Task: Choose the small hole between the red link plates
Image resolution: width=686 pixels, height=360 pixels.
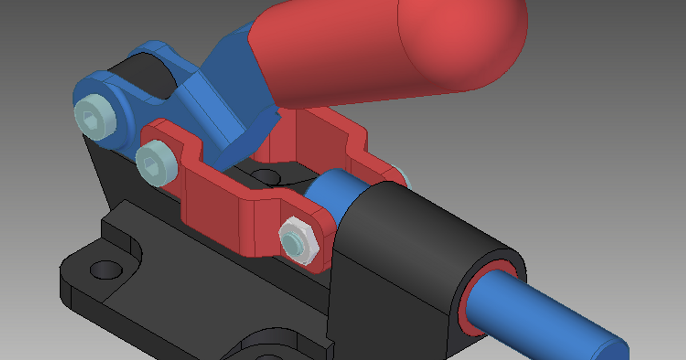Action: (x=264, y=175)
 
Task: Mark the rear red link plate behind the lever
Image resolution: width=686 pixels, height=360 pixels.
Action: (x=332, y=137)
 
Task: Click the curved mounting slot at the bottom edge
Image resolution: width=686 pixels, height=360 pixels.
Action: (x=269, y=346)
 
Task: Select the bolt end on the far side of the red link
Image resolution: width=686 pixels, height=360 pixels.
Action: (x=404, y=174)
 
